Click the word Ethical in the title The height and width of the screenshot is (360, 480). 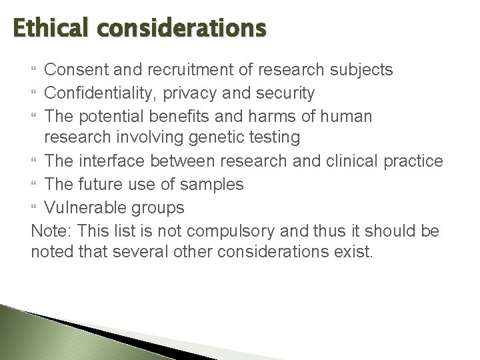[x=46, y=29]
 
